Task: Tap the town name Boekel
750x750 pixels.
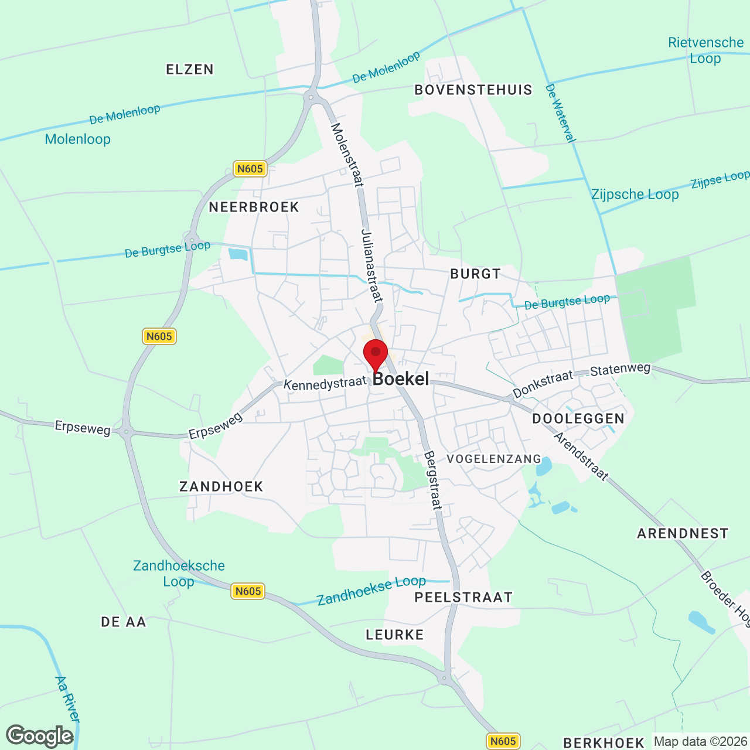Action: pos(401,379)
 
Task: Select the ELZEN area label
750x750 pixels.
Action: pos(190,70)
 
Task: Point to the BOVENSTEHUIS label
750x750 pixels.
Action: pos(473,90)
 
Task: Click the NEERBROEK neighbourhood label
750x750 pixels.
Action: pos(254,207)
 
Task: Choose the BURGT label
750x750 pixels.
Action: pos(476,274)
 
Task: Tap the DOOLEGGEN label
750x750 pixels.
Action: pos(578,418)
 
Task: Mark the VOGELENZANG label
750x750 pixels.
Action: pos(494,459)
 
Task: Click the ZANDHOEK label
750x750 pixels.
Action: pos(221,486)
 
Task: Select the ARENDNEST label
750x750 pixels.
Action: pos(683,533)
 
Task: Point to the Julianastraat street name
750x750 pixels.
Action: pos(372,265)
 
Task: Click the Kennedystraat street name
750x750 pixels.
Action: pos(325,384)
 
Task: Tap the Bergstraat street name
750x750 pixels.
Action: pos(433,480)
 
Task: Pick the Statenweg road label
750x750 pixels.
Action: pos(620,370)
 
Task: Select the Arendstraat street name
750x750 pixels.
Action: pos(581,456)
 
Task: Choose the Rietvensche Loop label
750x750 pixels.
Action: pos(705,50)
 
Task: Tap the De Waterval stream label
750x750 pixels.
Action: pos(561,113)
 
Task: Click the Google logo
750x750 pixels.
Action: pos(40,736)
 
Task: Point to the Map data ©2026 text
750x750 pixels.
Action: pos(700,741)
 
